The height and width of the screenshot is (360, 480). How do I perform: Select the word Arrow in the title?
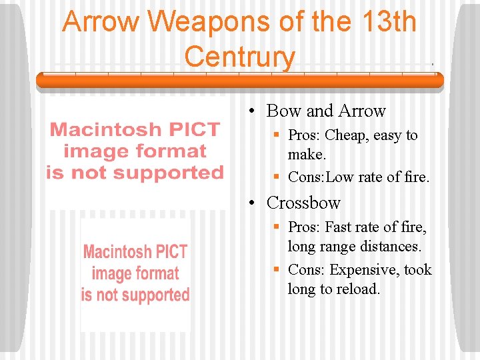[x=101, y=22]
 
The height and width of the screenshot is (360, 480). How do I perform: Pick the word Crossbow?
[x=303, y=202]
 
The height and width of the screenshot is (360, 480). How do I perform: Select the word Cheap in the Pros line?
[x=348, y=135]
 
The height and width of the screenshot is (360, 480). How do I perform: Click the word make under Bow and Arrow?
[x=305, y=155]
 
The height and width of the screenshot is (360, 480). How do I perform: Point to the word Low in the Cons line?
[x=341, y=177]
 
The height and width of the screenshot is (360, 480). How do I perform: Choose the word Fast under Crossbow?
[x=345, y=227]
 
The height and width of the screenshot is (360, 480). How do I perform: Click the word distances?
[x=391, y=247]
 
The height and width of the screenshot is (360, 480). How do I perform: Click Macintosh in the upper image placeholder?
[x=105, y=129]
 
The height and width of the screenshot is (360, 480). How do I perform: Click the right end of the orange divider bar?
[x=440, y=81]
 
